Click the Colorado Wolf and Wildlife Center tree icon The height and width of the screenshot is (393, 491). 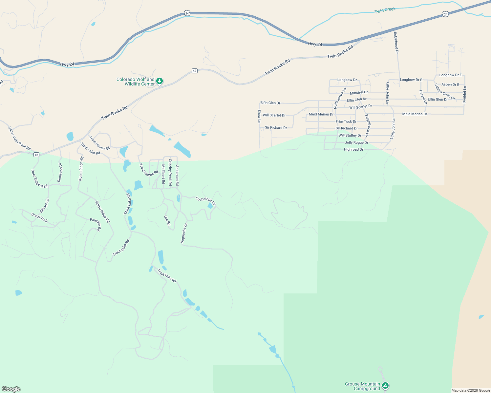pyautogui.click(x=160, y=81)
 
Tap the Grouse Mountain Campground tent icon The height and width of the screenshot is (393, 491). pyautogui.click(x=386, y=385)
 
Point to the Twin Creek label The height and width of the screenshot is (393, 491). pyautogui.click(x=385, y=10)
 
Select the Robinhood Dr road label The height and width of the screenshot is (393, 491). pyautogui.click(x=396, y=43)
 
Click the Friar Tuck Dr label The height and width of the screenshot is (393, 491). pyautogui.click(x=346, y=122)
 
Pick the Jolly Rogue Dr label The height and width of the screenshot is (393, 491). pyautogui.click(x=356, y=143)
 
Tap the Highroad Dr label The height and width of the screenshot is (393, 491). pyautogui.click(x=353, y=150)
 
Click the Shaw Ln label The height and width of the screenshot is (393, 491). pyautogui.click(x=259, y=116)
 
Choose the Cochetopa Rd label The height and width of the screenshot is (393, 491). pyautogui.click(x=206, y=201)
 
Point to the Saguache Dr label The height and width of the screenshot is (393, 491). pyautogui.click(x=184, y=233)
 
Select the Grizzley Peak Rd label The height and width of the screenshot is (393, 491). pyautogui.click(x=170, y=172)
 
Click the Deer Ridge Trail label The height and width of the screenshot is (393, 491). pyautogui.click(x=39, y=179)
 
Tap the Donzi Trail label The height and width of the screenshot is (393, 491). pyautogui.click(x=39, y=217)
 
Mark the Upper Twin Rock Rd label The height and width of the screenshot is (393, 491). pyautogui.click(x=19, y=139)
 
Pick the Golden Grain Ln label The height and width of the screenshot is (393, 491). pyautogui.click(x=444, y=92)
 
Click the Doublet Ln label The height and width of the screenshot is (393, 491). pyautogui.click(x=464, y=95)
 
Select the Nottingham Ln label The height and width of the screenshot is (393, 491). pyautogui.click(x=340, y=98)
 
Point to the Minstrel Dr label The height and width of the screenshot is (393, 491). pyautogui.click(x=359, y=93)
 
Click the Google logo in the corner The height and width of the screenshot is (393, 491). pyautogui.click(x=11, y=389)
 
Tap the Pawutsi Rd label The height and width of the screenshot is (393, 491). pyautogui.click(x=96, y=225)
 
